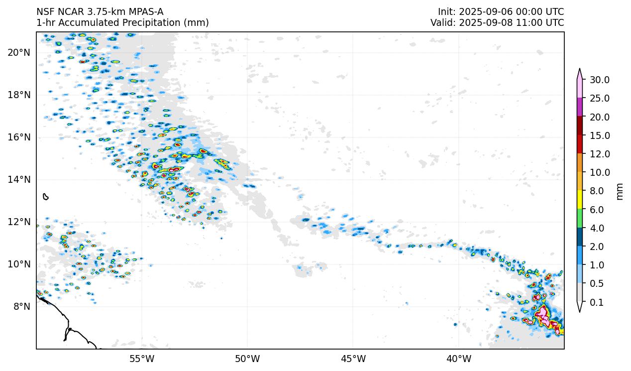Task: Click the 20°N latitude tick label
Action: pos(19,52)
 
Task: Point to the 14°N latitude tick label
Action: pos(19,179)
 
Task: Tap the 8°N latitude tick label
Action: pos(21,306)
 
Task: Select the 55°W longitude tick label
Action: pos(142,359)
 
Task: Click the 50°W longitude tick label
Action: pos(247,359)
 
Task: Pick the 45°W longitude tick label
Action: pos(353,359)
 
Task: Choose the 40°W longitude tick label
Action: pos(459,359)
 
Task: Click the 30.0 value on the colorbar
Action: pos(600,80)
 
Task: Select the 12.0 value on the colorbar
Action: pos(600,154)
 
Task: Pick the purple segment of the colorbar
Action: pos(580,107)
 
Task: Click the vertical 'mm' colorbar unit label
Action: pos(620,191)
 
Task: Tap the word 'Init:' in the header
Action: pos(447,12)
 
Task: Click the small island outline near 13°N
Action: pos(46,197)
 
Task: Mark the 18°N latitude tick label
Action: pos(19,95)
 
